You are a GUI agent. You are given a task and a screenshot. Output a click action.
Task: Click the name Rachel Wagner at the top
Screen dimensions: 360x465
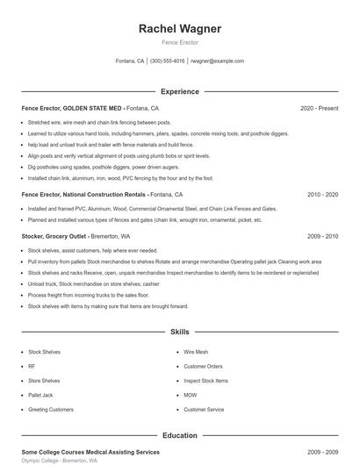click(x=180, y=28)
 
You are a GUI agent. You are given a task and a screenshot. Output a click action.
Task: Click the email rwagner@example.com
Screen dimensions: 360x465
click(x=217, y=61)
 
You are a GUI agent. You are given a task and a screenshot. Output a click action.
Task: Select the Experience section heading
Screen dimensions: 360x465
click(x=180, y=91)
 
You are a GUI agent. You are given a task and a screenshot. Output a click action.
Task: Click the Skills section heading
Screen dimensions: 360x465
click(x=180, y=333)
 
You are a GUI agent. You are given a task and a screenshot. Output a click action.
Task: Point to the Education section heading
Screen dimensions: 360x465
click(x=180, y=434)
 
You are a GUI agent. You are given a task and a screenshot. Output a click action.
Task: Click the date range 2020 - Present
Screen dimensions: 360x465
click(x=319, y=108)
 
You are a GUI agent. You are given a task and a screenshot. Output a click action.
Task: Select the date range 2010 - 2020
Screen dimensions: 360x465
click(x=323, y=195)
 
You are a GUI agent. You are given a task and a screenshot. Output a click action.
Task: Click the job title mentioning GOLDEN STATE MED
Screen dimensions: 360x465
click(x=90, y=108)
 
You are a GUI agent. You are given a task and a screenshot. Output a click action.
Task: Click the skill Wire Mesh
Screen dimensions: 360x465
click(x=196, y=351)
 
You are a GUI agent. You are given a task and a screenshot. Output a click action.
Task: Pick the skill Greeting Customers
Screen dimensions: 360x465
click(x=51, y=410)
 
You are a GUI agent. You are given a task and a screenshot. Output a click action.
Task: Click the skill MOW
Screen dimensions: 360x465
click(x=191, y=395)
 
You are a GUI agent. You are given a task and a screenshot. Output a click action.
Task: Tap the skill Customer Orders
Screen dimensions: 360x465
click(x=204, y=366)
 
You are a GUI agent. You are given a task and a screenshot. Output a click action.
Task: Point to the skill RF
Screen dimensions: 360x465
click(x=32, y=366)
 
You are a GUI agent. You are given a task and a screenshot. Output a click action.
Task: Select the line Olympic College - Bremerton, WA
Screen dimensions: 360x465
click(x=60, y=460)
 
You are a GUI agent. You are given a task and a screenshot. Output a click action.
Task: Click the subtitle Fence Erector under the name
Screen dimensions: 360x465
click(x=180, y=42)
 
